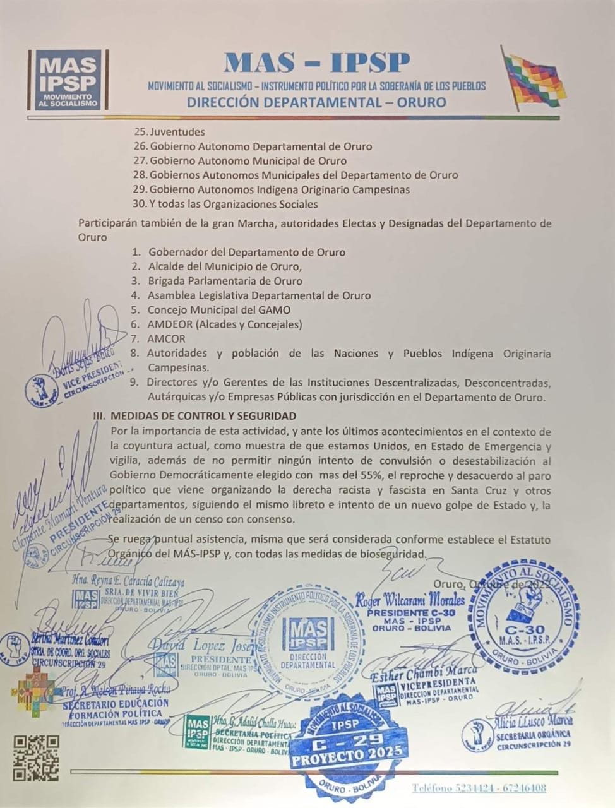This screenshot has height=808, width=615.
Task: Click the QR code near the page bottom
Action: click(x=36, y=757)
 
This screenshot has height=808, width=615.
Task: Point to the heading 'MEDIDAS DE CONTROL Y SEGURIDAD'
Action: click(x=203, y=416)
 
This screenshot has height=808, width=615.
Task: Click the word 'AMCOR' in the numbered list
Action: click(x=167, y=339)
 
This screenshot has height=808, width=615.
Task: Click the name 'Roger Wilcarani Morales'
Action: click(x=410, y=600)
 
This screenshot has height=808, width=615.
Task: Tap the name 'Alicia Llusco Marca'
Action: click(x=534, y=720)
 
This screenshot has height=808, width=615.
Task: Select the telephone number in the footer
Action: click(x=479, y=788)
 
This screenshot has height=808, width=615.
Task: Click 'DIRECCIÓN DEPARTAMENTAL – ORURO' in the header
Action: click(x=316, y=102)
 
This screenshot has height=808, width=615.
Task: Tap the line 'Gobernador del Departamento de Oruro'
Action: click(x=247, y=252)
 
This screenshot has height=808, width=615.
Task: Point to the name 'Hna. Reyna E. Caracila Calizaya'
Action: click(x=128, y=581)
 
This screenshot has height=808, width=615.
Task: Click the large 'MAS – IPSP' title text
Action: click(x=317, y=62)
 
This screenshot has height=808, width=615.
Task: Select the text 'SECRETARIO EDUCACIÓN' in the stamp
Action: click(x=116, y=703)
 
